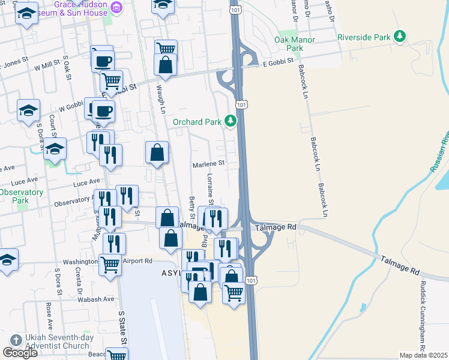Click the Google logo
(x=20, y=353)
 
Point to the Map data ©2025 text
(x=424, y=355)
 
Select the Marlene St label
(x=208, y=163)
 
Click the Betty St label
(x=192, y=208)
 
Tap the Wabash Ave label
(x=98, y=299)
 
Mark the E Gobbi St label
(x=277, y=61)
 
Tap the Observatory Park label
(x=22, y=196)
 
